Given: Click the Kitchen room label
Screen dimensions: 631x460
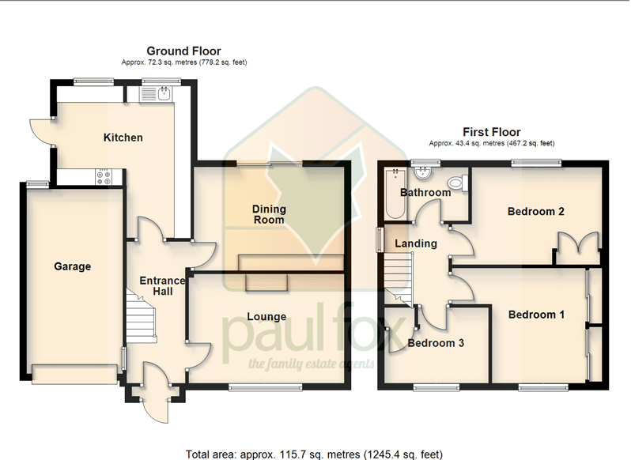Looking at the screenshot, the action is click(123, 138).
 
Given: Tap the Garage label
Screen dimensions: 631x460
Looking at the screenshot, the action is click(73, 266).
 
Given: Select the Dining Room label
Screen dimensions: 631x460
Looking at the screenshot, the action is click(269, 214).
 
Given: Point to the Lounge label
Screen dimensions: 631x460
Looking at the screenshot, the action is click(266, 317).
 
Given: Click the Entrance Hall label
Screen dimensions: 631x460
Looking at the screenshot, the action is click(162, 286).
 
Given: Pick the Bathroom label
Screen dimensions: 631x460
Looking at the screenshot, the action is click(425, 193).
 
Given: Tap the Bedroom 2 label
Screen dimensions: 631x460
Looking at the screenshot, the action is click(535, 212).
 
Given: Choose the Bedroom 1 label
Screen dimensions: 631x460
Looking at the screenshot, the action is click(536, 315).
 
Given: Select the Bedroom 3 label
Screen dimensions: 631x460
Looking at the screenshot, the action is click(436, 343).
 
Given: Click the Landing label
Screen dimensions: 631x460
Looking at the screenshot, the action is click(416, 243).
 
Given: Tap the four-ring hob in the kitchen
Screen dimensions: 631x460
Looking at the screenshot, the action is click(104, 177).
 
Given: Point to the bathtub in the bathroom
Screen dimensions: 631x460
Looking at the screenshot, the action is click(395, 194).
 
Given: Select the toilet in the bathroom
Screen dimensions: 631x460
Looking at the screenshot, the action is click(458, 183).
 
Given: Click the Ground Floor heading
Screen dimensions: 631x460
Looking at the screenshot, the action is click(183, 51).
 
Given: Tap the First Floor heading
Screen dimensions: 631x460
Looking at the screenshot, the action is click(492, 132).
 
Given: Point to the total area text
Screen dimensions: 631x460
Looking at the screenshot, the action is click(314, 454).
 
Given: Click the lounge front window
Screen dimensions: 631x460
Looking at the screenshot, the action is click(266, 387).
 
